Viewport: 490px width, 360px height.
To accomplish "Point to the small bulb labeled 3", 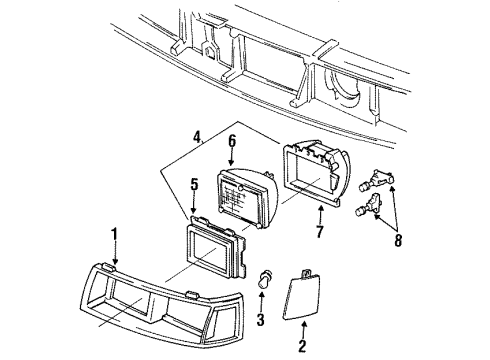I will [266, 277].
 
